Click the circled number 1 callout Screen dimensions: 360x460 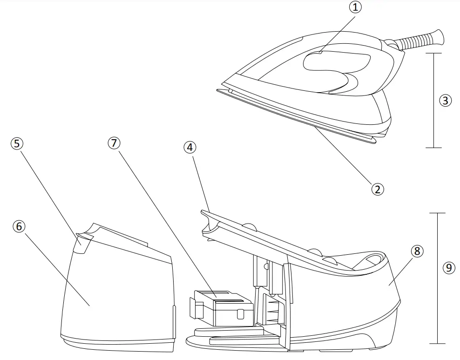(x=356, y=8)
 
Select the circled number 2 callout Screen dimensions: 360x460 (x=377, y=189)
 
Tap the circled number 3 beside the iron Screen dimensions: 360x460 (x=446, y=100)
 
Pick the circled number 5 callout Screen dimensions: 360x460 (x=17, y=143)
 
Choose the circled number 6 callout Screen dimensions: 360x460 (x=19, y=226)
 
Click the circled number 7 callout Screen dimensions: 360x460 (x=114, y=143)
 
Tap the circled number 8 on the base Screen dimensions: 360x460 (x=417, y=251)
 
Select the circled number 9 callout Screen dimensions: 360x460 (x=448, y=267)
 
